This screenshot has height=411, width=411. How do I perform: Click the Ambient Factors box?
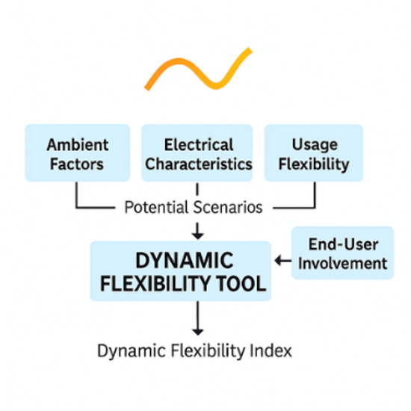[78, 153]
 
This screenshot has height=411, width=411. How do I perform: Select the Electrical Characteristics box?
[197, 153]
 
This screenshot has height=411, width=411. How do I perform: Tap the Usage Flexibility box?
[314, 153]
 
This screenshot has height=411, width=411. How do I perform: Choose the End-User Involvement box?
[342, 253]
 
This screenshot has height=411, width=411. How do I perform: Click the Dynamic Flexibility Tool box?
[181, 271]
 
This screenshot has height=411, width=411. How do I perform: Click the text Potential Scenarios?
[194, 207]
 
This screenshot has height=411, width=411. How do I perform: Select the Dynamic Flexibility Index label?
[194, 350]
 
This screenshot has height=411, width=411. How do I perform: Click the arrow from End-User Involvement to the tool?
[282, 261]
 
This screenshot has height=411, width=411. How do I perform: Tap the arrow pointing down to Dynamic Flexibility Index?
[197, 318]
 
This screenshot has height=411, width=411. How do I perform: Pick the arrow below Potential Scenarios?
[197, 231]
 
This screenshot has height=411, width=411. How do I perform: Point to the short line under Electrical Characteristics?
[197, 189]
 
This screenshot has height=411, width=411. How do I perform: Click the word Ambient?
[78, 145]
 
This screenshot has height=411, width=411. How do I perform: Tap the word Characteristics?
[199, 164]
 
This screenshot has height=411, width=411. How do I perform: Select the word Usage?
[315, 145]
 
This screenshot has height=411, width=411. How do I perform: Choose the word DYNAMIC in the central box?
[185, 260]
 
